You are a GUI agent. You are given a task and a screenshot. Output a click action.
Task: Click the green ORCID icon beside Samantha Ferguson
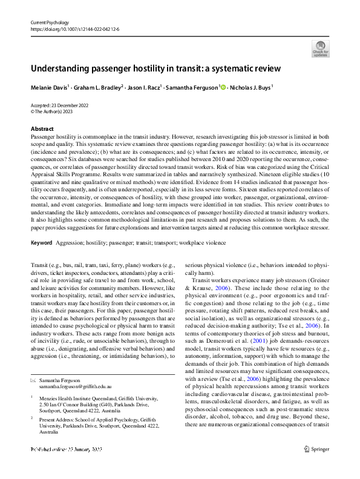coord(223,87)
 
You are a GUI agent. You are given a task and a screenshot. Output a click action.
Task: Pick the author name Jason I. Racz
coord(144,87)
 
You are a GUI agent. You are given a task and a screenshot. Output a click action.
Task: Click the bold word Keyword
coord(41,243)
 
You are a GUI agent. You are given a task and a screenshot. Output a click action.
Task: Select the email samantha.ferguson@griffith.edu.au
coord(76,368)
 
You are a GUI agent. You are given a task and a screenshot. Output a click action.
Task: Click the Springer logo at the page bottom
coord(316,466)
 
